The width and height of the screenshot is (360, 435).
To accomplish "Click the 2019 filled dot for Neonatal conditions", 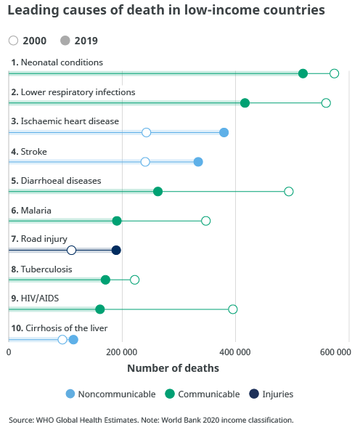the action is pos(303,73).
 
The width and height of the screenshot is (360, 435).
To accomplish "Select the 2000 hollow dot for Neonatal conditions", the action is pos(334,73).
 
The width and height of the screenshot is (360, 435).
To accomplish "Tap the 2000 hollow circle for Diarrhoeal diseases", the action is pos(289,192).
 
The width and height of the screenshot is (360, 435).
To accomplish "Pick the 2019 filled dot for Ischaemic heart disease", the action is pos(224,133).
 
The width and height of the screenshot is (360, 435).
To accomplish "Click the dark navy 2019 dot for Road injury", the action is pos(116,251).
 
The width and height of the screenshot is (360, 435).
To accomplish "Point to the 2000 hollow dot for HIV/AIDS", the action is pos(233,309).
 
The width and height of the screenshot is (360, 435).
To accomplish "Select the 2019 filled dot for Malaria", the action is pos(117,221).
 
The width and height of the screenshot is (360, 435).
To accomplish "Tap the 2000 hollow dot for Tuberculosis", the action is pos(134,280).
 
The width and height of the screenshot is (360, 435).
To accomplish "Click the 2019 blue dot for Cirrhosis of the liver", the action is pos(73,340).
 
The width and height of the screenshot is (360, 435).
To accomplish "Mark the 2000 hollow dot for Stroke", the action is pos(145,162).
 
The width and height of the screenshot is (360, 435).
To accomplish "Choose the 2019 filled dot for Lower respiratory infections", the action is pos(245,103).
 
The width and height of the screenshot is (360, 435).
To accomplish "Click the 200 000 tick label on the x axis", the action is pos(121,352).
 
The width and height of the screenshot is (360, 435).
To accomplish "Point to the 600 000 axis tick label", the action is pos(335,352).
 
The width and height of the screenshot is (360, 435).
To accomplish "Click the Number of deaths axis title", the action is pos(173,368).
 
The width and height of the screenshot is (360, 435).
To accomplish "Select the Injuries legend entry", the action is pos(271,394).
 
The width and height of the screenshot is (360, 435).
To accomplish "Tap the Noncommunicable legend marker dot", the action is pos(70,394).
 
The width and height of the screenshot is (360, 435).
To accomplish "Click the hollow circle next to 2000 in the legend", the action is pos(13,41).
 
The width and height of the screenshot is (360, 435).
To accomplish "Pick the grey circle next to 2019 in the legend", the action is pos(65,41).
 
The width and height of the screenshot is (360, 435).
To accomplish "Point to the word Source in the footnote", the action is pos(21,420).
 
